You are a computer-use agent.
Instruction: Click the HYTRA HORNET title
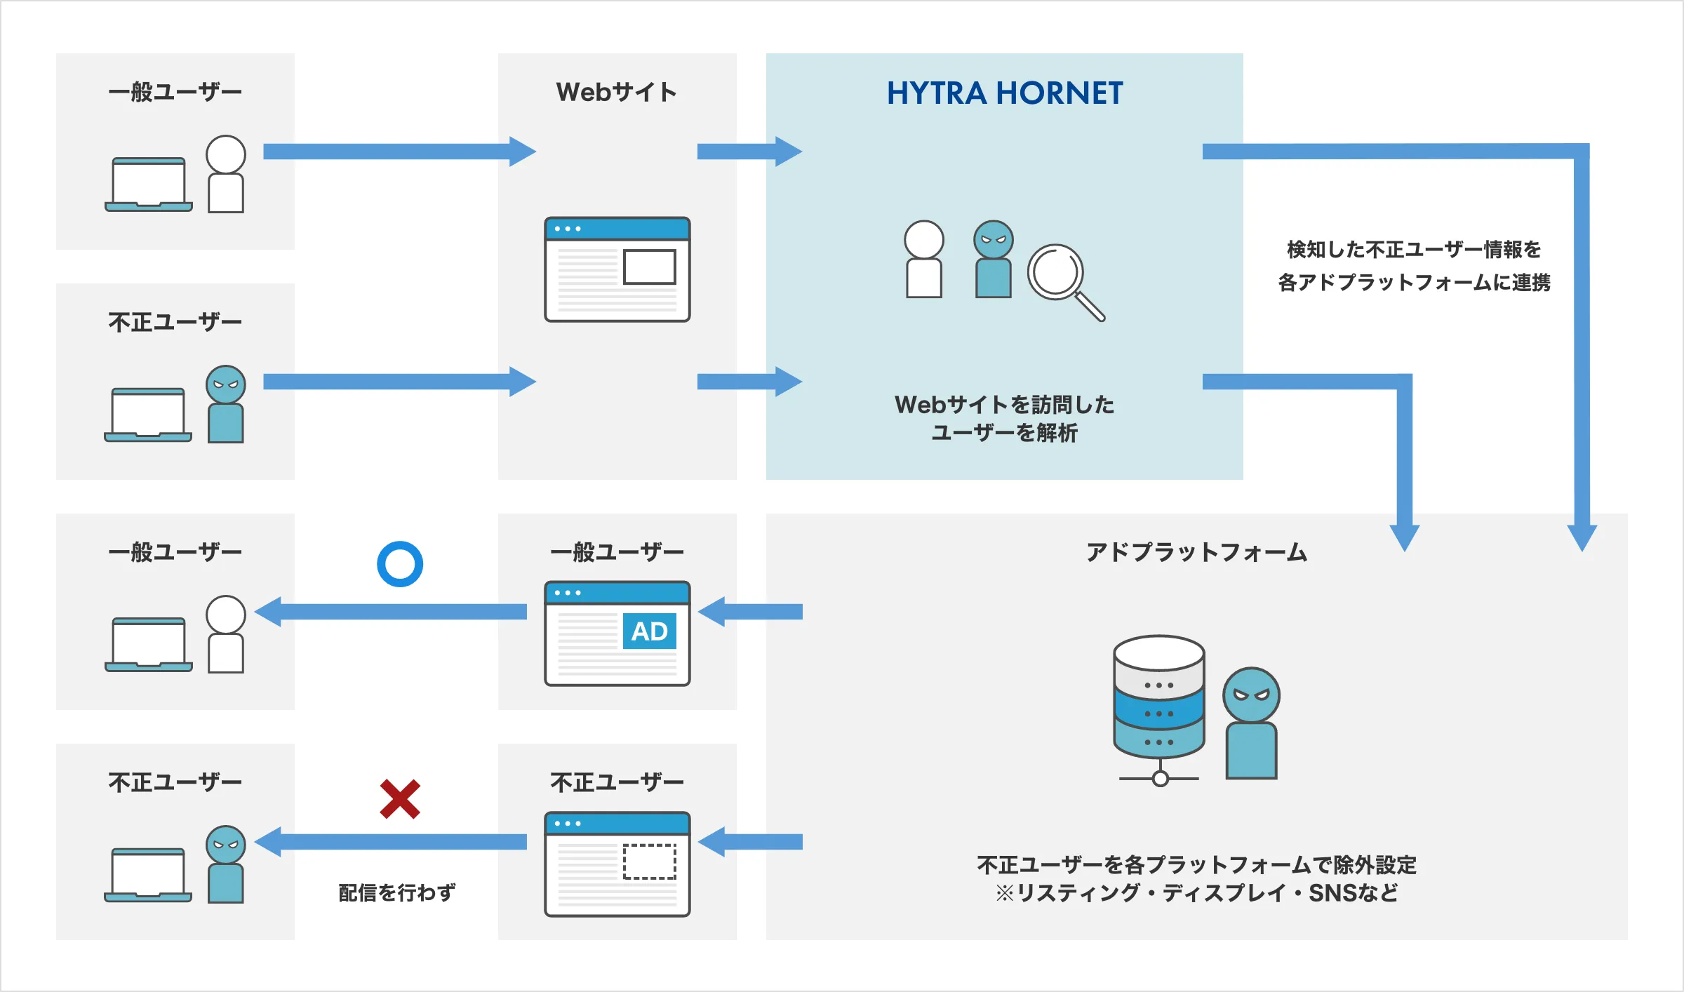pyautogui.click(x=1005, y=93)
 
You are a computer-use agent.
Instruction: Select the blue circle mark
pyautogui.click(x=400, y=564)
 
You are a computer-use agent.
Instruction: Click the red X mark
pyautogui.click(x=400, y=799)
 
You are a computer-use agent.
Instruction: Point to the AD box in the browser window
pyautogui.click(x=650, y=631)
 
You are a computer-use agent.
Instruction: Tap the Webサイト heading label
pyautogui.click(x=617, y=92)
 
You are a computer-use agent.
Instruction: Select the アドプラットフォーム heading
pyautogui.click(x=1197, y=552)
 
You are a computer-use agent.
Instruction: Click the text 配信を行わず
pyautogui.click(x=397, y=892)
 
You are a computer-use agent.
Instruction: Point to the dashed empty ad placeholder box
pyautogui.click(x=650, y=862)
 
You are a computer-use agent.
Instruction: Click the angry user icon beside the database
pyautogui.click(x=1252, y=723)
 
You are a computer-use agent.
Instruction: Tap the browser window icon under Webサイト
pyautogui.click(x=617, y=269)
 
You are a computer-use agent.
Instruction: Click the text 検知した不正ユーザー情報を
pyautogui.click(x=1414, y=249)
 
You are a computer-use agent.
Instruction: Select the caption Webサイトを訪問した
pyautogui.click(x=1005, y=404)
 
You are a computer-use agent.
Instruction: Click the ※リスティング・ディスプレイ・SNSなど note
pyautogui.click(x=1197, y=892)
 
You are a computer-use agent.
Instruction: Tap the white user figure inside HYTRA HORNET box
pyautogui.click(x=924, y=259)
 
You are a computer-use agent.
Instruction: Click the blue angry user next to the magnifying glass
pyautogui.click(x=994, y=259)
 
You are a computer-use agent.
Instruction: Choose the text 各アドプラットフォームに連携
pyautogui.click(x=1414, y=282)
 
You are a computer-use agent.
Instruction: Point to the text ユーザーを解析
pyautogui.click(x=1005, y=433)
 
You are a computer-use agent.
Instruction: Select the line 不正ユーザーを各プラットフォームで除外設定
pyautogui.click(x=1197, y=864)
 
